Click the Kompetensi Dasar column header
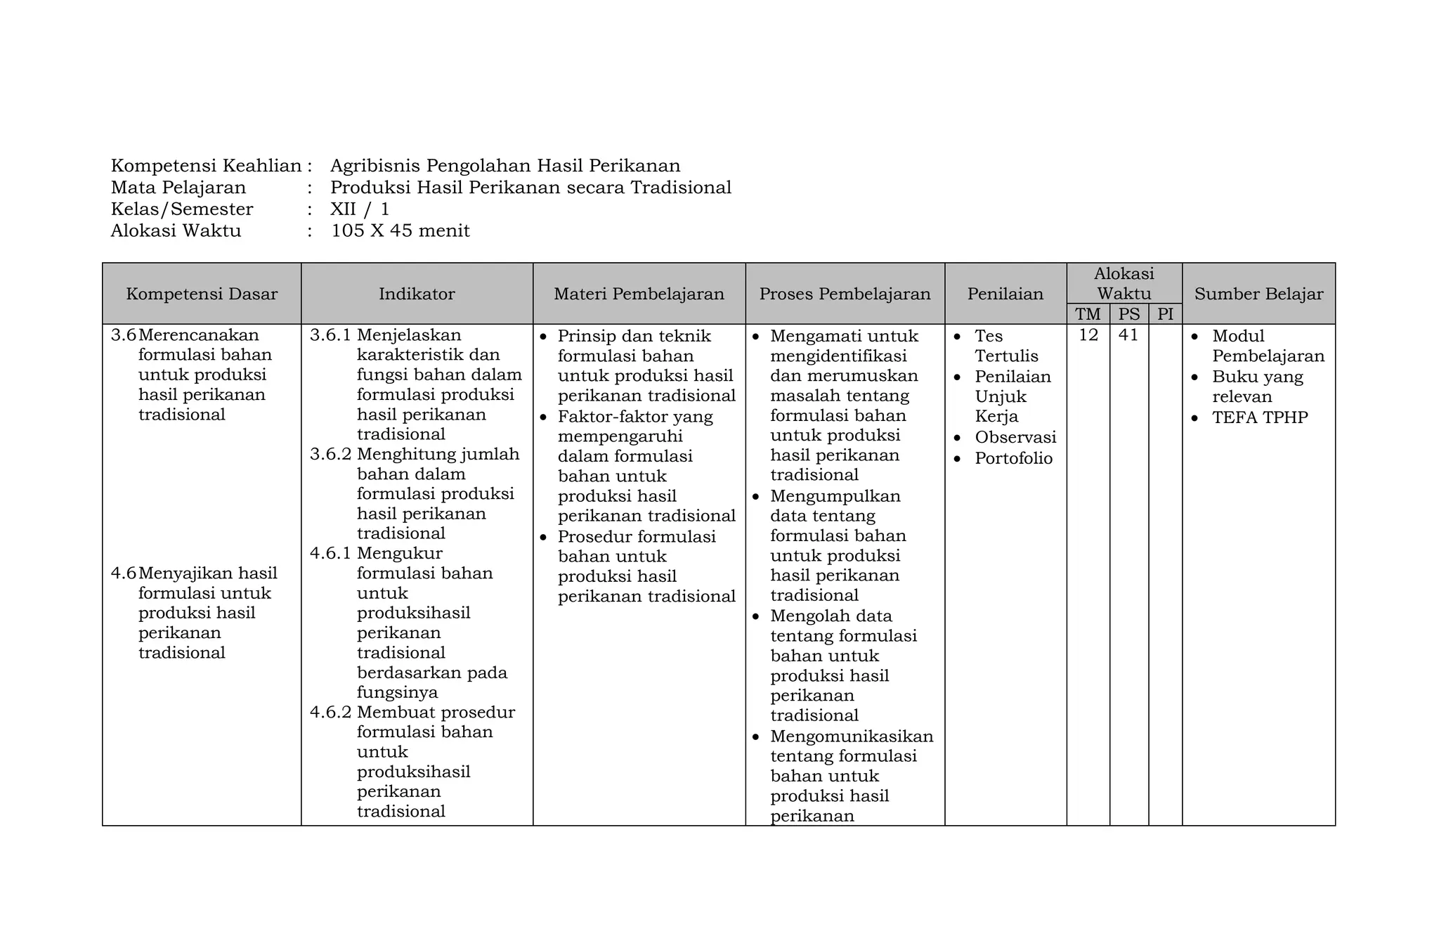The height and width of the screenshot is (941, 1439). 202,294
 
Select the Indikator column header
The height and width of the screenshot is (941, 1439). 417,294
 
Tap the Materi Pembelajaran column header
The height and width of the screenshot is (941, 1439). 639,294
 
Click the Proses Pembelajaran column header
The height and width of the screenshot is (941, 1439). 845,294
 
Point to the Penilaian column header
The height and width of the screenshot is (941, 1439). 1005,294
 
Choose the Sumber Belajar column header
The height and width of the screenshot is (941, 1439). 1258,294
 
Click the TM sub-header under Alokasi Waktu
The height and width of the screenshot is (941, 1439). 1088,314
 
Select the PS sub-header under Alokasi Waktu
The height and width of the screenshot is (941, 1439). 1129,314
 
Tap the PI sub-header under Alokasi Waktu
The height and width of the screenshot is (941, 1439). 1165,314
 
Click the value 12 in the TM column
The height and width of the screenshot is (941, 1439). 1088,335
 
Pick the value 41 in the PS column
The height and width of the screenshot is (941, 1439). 1128,335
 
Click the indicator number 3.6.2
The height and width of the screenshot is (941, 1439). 330,454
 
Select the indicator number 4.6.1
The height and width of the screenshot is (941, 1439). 330,553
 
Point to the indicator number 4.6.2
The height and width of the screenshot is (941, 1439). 330,712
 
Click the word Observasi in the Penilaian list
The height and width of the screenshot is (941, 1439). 1015,437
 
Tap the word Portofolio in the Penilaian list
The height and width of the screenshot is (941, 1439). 1013,458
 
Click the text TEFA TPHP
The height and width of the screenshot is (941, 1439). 1259,417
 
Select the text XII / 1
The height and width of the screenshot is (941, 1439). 359,209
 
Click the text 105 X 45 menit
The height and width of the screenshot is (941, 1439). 400,231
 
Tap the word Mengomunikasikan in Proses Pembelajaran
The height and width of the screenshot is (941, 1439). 852,736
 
